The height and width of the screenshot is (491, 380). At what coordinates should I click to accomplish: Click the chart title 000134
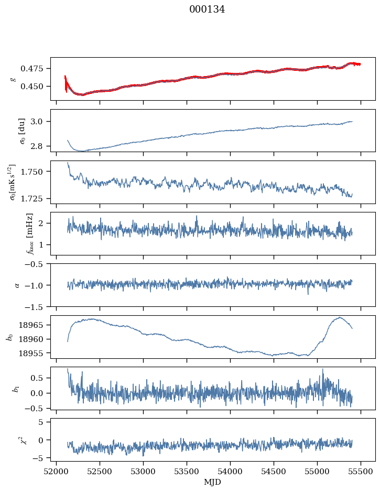click(x=207, y=9)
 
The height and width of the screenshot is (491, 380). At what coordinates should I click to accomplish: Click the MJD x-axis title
click(x=213, y=482)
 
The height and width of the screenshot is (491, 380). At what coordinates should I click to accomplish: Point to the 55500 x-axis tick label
click(x=361, y=471)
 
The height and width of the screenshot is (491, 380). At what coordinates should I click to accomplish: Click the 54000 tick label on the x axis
click(x=231, y=471)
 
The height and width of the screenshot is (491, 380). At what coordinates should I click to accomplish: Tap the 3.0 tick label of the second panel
click(x=40, y=122)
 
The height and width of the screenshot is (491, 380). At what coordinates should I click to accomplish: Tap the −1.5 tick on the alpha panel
click(x=36, y=306)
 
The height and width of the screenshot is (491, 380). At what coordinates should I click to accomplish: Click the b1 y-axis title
click(x=9, y=388)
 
